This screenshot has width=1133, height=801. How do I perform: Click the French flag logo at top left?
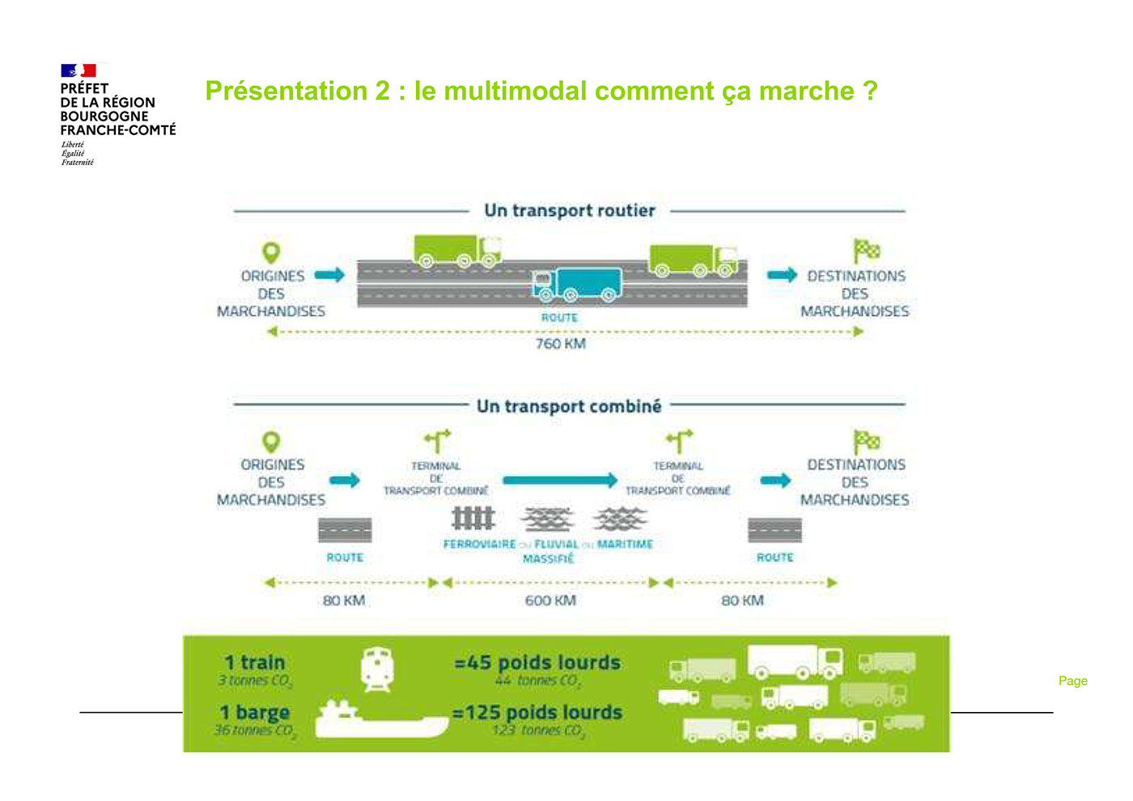pyautogui.click(x=79, y=71)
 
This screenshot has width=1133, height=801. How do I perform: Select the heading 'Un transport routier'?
pyautogui.click(x=570, y=210)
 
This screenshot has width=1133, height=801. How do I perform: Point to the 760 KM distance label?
pyautogui.click(x=560, y=344)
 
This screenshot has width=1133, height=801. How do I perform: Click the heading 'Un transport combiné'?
pyautogui.click(x=569, y=406)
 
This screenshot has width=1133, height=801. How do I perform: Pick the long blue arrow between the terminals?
pyautogui.click(x=559, y=481)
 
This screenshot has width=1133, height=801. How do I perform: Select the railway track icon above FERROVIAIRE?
pyautogui.click(x=473, y=518)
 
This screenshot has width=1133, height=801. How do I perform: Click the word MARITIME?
pyautogui.click(x=625, y=545)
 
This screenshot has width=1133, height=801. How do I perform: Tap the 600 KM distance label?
pyautogui.click(x=550, y=600)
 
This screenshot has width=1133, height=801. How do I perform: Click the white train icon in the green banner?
pyautogui.click(x=377, y=670)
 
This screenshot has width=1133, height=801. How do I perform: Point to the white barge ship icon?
pyautogui.click(x=381, y=719)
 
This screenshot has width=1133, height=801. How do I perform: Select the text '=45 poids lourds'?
pyautogui.click(x=537, y=663)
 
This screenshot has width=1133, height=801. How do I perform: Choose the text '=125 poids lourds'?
pyautogui.click(x=537, y=713)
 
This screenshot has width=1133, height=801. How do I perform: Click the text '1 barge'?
pyautogui.click(x=255, y=713)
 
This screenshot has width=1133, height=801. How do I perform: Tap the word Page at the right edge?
pyautogui.click(x=1072, y=681)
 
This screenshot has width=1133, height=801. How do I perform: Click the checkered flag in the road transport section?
pyautogui.click(x=866, y=250)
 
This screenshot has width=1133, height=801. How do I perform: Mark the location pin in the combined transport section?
pyautogui.click(x=271, y=442)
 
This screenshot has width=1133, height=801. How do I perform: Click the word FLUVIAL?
pyautogui.click(x=556, y=545)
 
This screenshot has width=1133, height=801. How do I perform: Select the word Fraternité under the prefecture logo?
pyautogui.click(x=78, y=163)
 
